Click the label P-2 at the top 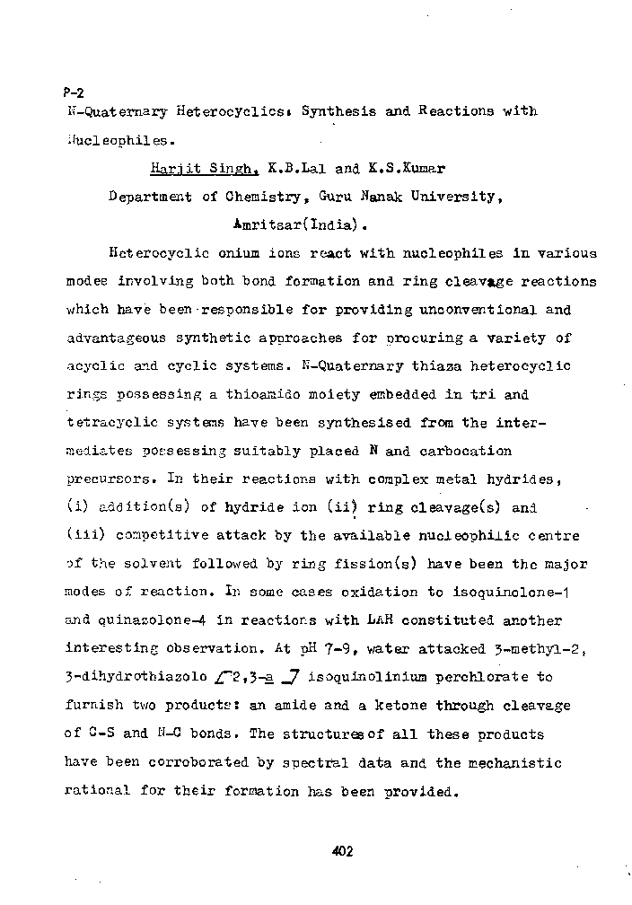pyautogui.click(x=74, y=91)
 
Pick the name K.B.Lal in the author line pyautogui.click(x=299, y=169)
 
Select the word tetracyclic pyautogui.click(x=110, y=423)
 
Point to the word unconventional pyautogui.click(x=483, y=310)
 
